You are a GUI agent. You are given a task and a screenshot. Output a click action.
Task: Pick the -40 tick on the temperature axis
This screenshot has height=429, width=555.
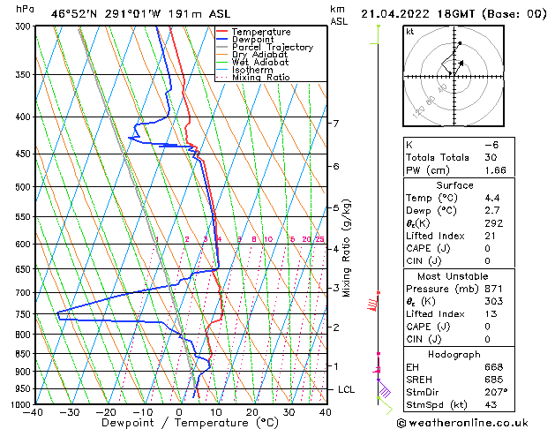[x=34, y=412]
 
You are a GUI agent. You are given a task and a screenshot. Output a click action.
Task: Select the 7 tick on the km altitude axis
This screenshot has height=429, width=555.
[x=335, y=124]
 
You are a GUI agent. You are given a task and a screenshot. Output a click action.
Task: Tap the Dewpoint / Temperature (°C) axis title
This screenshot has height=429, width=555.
[x=180, y=423]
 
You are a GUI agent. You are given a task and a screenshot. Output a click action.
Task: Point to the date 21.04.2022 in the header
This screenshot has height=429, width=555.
[x=401, y=14]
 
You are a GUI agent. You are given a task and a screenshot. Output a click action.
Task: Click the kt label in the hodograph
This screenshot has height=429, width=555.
[x=409, y=31]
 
